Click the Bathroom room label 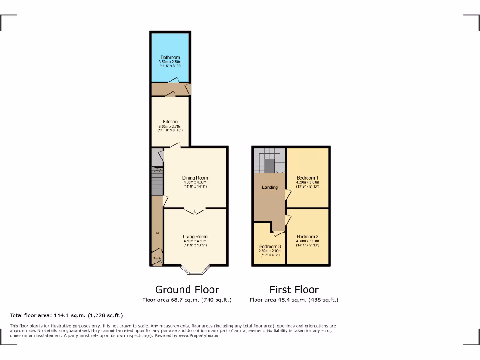pos(170,58)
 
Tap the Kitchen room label pos(170,122)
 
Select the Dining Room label pos(195,178)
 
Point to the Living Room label pos(195,237)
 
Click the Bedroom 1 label pos(307,178)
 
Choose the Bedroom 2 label pos(307,237)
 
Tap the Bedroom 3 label pos(270,247)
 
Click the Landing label pos(270,187)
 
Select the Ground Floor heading pos(187,290)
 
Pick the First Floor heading pos(294,290)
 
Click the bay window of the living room pos(195,270)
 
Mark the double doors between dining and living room pos(195,210)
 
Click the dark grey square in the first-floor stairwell pos(270,165)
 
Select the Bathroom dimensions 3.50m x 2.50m pos(170,62)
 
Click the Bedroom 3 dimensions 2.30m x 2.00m pos(270,251)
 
